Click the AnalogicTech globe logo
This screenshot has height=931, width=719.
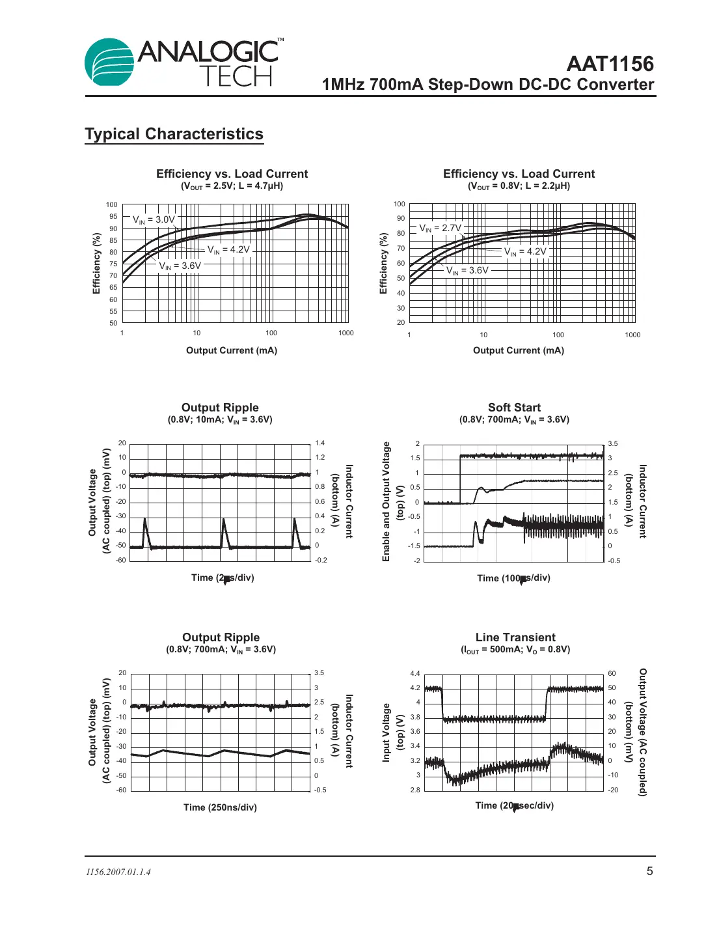click(109, 63)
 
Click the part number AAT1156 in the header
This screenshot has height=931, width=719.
click(610, 64)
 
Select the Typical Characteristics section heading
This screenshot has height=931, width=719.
click(174, 134)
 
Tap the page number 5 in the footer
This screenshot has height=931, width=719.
click(649, 871)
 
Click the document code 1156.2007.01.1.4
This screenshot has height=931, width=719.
click(118, 872)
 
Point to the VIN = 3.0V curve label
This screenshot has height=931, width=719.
click(154, 219)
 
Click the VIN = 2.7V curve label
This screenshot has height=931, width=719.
click(440, 228)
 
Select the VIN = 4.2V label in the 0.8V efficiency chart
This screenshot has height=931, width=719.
click(525, 251)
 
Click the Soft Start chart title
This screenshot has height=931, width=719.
click(514, 408)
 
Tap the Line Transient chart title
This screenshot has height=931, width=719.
click(515, 637)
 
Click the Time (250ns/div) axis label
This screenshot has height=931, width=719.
click(220, 807)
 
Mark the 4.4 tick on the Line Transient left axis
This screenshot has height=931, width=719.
click(415, 673)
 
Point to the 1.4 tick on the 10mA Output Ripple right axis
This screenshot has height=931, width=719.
click(320, 443)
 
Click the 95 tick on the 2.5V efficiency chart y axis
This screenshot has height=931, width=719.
click(113, 217)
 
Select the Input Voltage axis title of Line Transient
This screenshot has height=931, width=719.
click(386, 732)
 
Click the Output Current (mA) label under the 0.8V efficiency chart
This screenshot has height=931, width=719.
click(519, 350)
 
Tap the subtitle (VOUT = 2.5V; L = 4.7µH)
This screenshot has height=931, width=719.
click(232, 186)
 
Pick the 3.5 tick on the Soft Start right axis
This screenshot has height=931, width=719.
click(613, 443)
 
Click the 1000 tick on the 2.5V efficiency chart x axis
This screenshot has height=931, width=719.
click(346, 333)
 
